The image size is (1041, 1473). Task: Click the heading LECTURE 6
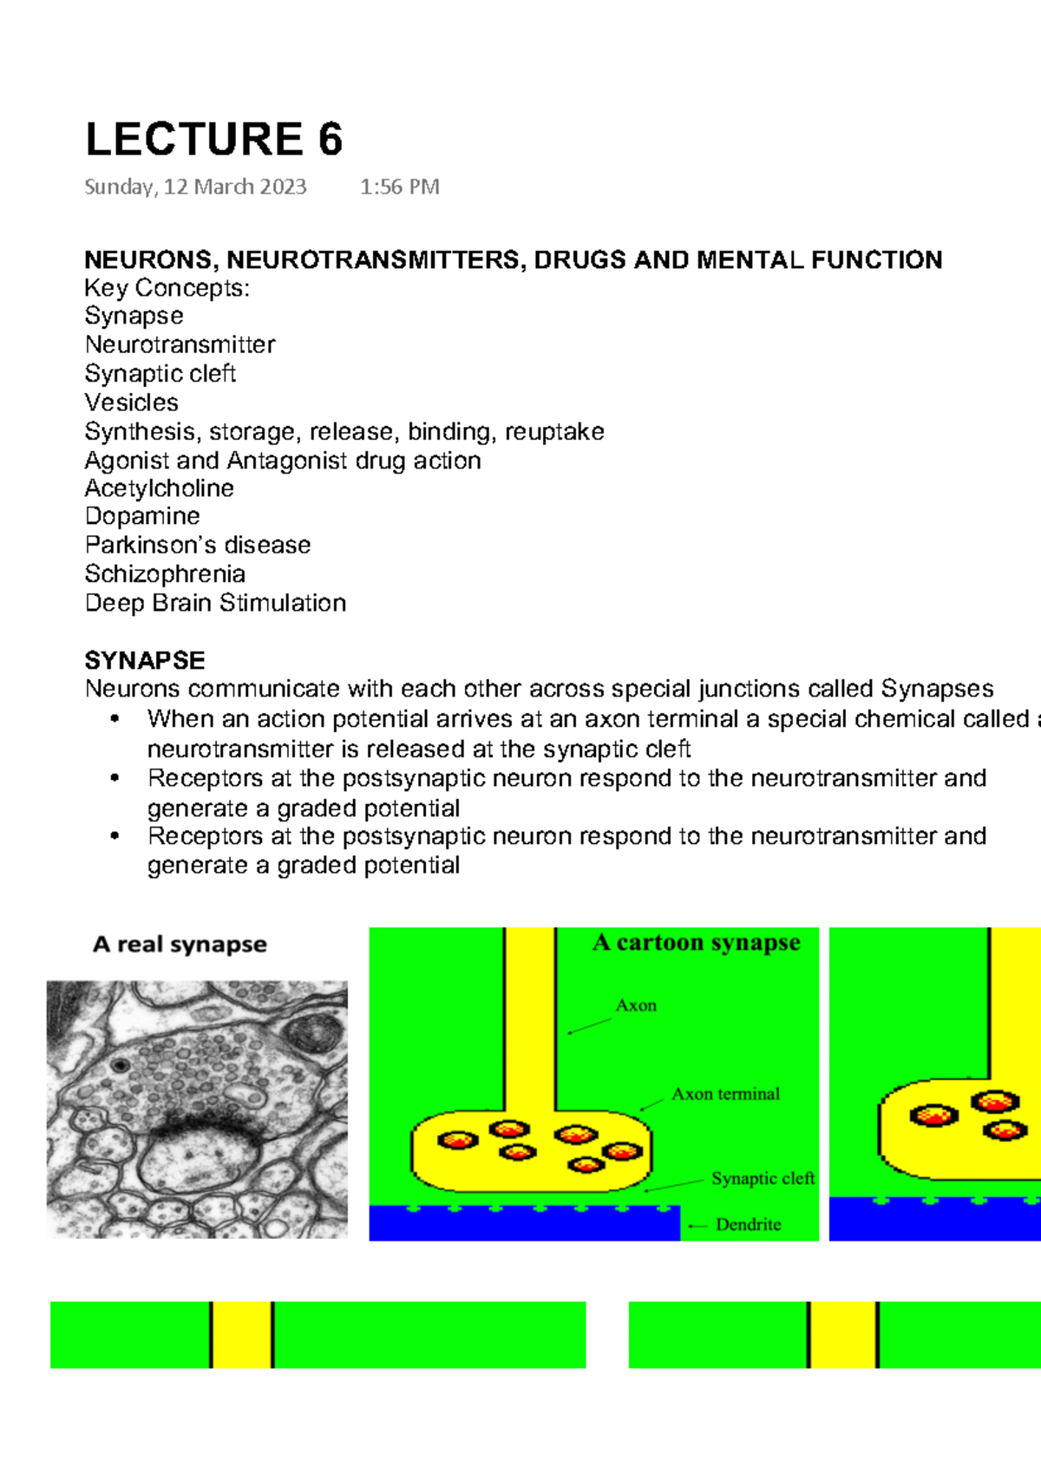tap(213, 140)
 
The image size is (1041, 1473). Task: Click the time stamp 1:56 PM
tap(400, 187)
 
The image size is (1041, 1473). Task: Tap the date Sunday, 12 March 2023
tap(195, 187)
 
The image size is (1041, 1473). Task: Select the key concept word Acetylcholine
tap(159, 488)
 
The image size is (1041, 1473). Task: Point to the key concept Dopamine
tap(142, 516)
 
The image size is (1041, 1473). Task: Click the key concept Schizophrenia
tap(165, 573)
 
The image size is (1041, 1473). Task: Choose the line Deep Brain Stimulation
tap(215, 603)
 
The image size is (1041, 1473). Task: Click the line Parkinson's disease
tap(198, 545)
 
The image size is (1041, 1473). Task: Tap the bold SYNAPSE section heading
tap(145, 660)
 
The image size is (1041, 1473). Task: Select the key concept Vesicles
tap(132, 403)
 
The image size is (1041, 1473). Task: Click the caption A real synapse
tap(180, 944)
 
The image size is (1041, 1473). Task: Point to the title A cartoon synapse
tap(696, 942)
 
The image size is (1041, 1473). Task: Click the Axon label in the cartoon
tap(636, 1005)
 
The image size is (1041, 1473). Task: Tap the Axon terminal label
tap(725, 1094)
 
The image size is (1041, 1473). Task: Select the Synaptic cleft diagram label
tap(763, 1178)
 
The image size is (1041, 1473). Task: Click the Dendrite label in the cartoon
tap(748, 1224)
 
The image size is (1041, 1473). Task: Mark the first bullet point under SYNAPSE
tap(115, 719)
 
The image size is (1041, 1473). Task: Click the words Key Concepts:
tap(167, 288)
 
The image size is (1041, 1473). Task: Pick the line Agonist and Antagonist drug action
tap(283, 460)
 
